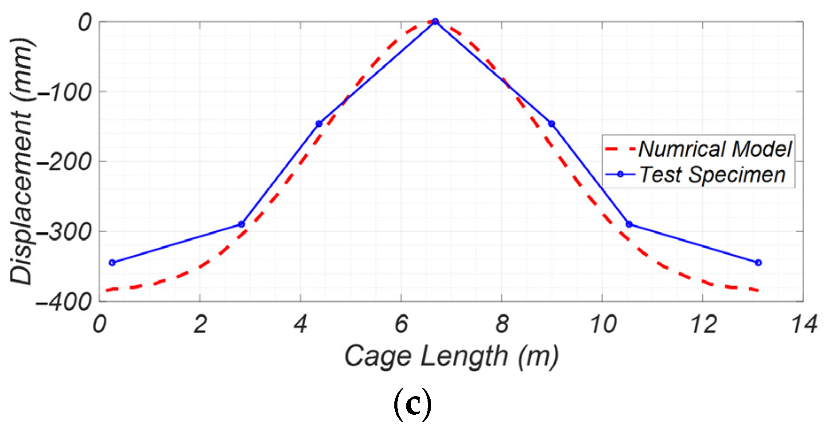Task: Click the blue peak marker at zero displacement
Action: click(435, 21)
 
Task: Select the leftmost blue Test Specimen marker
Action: click(112, 263)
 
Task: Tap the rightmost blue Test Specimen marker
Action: click(758, 263)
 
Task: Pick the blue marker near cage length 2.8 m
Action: click(241, 224)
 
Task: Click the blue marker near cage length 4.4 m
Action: click(319, 124)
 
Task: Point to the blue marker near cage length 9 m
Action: click(552, 124)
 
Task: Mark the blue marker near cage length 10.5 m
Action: click(629, 224)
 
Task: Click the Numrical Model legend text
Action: click(715, 149)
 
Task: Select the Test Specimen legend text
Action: click(712, 175)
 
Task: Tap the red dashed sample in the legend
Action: click(620, 149)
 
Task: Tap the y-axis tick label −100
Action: click(64, 93)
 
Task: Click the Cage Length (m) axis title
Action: click(451, 357)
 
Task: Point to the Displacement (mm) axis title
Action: click(21, 161)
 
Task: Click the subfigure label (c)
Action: click(412, 405)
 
